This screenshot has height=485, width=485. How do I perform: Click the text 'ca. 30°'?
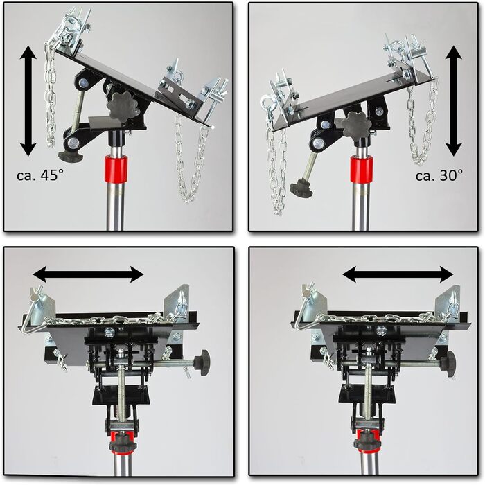(x=439, y=175)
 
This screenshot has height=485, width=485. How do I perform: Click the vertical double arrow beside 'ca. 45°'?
(x=28, y=101)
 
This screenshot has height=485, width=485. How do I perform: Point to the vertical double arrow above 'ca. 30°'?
(x=454, y=101)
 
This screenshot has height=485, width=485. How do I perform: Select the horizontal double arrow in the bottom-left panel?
(x=88, y=274)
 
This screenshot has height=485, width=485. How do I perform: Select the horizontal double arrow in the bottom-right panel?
(x=398, y=274)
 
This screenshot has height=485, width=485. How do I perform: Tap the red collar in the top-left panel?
(x=116, y=169)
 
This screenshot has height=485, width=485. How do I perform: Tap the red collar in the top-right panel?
(x=362, y=168)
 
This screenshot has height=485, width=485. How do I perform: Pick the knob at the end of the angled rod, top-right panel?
(x=301, y=188)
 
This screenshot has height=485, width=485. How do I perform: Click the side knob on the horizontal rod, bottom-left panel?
(x=202, y=362)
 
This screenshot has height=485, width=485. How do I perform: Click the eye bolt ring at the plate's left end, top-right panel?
(x=265, y=101)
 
